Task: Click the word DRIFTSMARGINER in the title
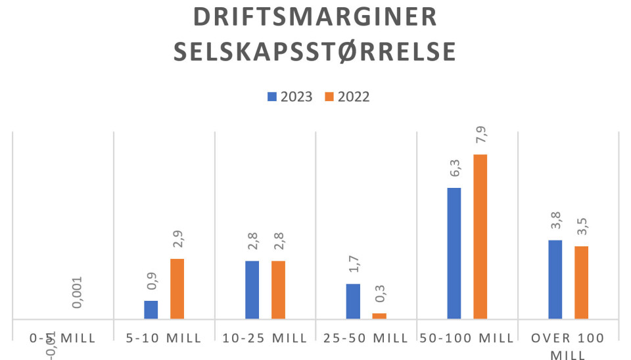coord(315,18)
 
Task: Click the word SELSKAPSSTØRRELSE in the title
coord(315,53)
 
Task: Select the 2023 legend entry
coord(289,97)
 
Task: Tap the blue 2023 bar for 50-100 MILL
coord(454,254)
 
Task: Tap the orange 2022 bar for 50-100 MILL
coord(480,237)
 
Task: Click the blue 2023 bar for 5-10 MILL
coord(151,310)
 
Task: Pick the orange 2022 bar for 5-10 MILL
coord(177,289)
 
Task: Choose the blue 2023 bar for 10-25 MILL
coord(252,290)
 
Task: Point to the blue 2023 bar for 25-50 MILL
coord(353,302)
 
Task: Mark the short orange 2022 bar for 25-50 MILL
coord(379,316)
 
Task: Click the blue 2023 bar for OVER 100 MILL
coord(555,280)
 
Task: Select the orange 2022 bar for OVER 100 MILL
coord(581,283)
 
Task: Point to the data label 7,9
coord(481,139)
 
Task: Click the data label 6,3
coord(454,172)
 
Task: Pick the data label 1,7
coord(354,268)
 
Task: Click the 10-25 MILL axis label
coord(265,338)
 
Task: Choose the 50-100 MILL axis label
coord(467,338)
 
